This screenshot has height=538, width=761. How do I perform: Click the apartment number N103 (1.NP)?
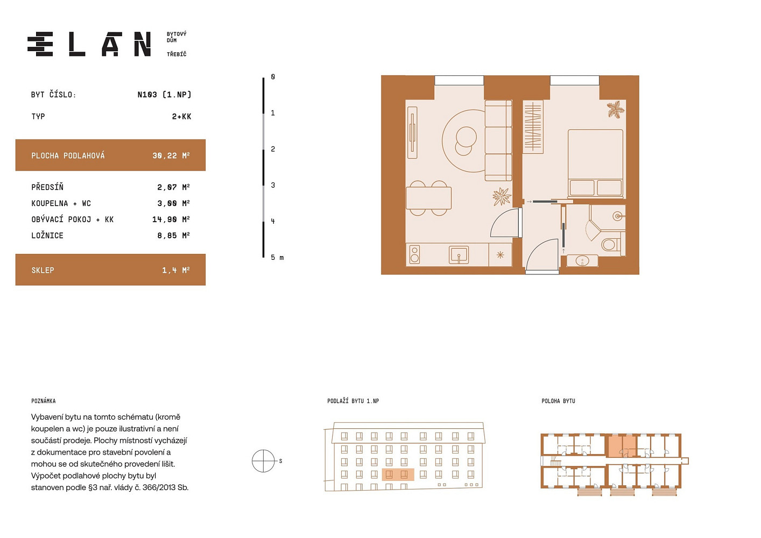[x=165, y=95]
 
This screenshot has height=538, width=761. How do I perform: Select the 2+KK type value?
[x=181, y=117]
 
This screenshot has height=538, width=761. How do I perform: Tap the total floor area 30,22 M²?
[x=171, y=155]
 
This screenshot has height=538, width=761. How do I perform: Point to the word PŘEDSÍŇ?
[x=47, y=187]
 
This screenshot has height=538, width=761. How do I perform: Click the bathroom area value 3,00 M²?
[x=173, y=203]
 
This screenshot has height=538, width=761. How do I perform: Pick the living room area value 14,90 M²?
[x=171, y=220]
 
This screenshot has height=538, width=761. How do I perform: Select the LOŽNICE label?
[x=47, y=236]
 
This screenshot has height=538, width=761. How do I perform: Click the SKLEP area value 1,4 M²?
[x=175, y=270]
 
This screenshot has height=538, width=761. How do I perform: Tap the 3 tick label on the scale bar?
[x=273, y=185]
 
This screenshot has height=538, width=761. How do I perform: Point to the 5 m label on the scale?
[x=277, y=258]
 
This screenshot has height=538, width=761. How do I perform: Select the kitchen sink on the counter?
[x=459, y=254]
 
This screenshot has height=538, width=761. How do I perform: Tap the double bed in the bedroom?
[x=596, y=164]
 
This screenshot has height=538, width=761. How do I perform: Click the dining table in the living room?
[x=428, y=198]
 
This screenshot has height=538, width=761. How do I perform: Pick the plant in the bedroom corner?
[x=616, y=109]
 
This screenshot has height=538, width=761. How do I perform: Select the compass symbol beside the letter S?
[x=263, y=461]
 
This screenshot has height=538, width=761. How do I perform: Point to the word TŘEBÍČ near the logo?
[x=177, y=54]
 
